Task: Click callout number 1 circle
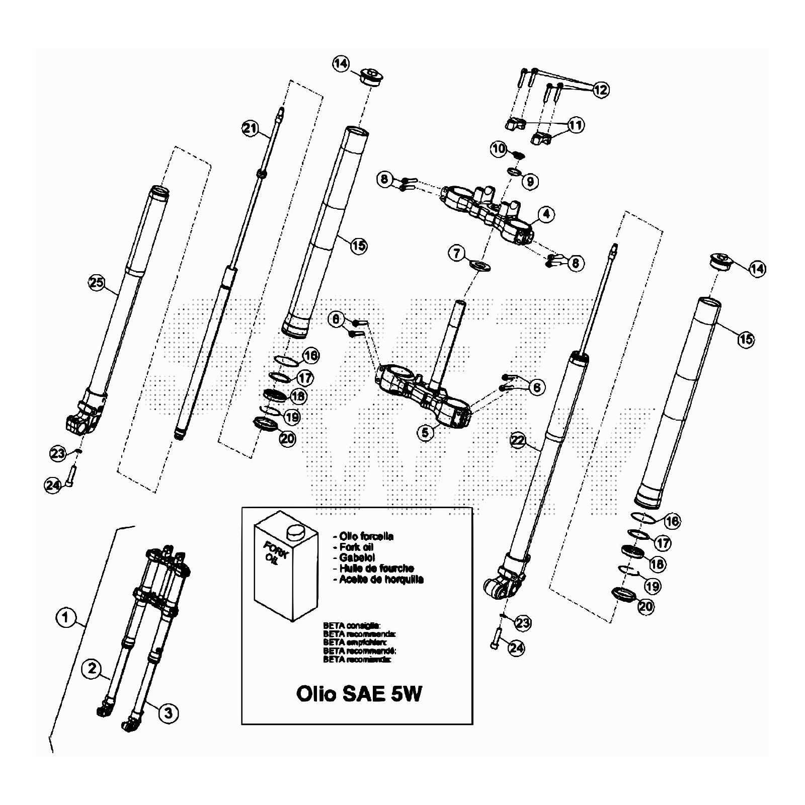(65, 617)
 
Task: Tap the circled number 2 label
(92, 668)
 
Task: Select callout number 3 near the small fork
(168, 712)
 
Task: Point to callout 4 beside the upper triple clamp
(546, 214)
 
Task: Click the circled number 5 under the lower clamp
(425, 432)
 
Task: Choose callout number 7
(457, 253)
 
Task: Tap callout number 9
(530, 181)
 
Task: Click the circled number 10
(499, 148)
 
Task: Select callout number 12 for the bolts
(600, 90)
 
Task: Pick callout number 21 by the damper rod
(250, 128)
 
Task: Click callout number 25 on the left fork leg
(96, 282)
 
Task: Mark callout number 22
(518, 441)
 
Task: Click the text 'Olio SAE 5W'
(359, 694)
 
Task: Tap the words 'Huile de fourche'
(376, 569)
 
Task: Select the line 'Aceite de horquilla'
(381, 579)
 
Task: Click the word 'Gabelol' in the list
(356, 558)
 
